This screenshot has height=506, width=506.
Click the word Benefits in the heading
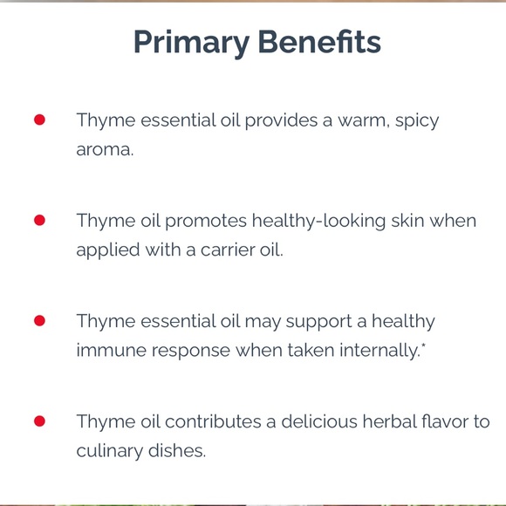coord(318,42)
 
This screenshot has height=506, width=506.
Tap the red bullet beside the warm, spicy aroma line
coord(39,120)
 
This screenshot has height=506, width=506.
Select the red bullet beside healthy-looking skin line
coord(39,220)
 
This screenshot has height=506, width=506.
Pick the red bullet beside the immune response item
coord(39,321)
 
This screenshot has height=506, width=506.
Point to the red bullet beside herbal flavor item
coord(39,421)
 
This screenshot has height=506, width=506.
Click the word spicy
coord(417,120)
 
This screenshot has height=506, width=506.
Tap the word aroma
coord(104,149)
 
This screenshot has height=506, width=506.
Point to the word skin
coord(407,220)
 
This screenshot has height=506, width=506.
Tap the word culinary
coord(109,451)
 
